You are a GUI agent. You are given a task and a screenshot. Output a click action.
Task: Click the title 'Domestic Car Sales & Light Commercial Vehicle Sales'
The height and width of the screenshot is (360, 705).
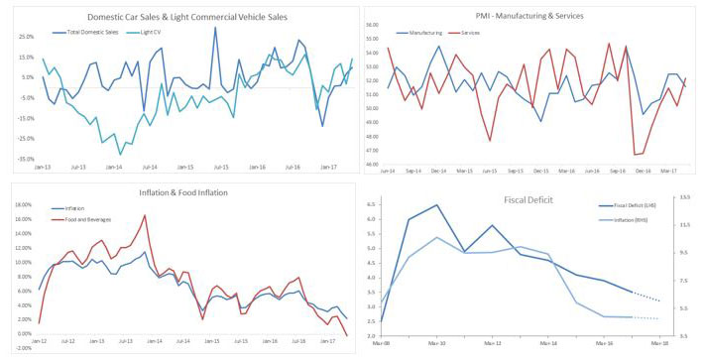189,18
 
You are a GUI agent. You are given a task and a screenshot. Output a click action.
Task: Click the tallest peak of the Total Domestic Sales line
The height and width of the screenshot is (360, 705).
215,28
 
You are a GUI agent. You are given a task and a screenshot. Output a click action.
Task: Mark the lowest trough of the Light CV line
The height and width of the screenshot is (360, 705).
121,154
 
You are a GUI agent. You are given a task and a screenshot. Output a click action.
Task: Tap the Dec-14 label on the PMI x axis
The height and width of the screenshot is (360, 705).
437,171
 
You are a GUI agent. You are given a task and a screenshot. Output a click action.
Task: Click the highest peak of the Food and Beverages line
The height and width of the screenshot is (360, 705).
145,215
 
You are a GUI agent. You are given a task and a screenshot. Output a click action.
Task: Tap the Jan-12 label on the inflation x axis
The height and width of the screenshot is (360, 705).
39,341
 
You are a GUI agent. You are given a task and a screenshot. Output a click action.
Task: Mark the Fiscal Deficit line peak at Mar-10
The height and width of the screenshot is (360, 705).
436,205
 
